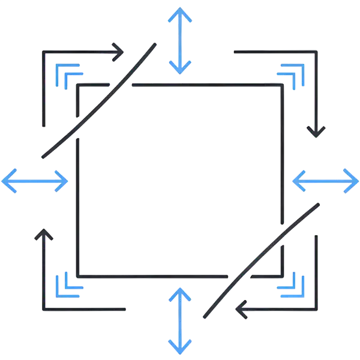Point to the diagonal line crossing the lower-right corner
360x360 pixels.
261,259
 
